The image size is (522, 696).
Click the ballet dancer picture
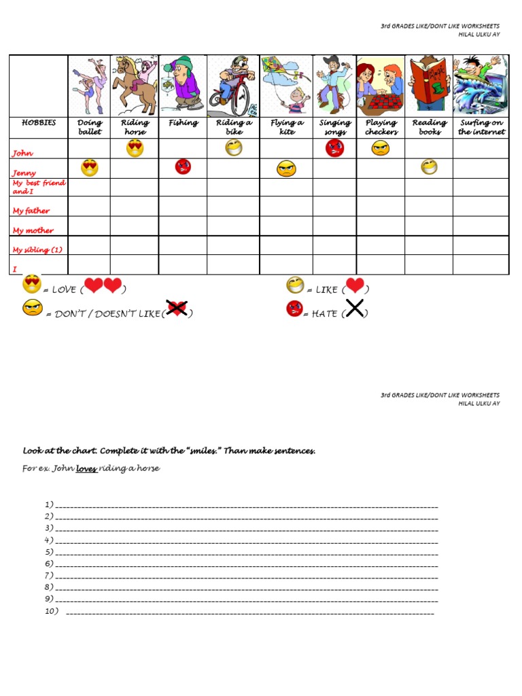coord(90,85)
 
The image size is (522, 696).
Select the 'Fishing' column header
coord(183,123)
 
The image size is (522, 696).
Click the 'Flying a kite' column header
coord(287,127)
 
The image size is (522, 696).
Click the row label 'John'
coord(22,154)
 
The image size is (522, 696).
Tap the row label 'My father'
coord(31,211)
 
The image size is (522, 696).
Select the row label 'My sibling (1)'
coord(37,249)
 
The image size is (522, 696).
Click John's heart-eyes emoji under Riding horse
coord(135,148)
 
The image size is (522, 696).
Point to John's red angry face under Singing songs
coord(334,148)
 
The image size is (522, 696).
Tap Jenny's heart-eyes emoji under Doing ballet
coord(89,168)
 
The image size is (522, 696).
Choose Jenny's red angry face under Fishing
coord(183,167)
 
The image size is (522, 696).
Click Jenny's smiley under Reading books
coord(429,167)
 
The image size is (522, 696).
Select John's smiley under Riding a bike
coord(234,147)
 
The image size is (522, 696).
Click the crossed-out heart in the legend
coord(177,309)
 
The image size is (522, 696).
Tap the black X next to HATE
coord(355,309)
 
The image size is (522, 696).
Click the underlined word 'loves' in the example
coord(86,469)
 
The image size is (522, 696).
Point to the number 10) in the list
coord(52,611)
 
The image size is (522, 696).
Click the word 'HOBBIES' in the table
coord(39,123)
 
